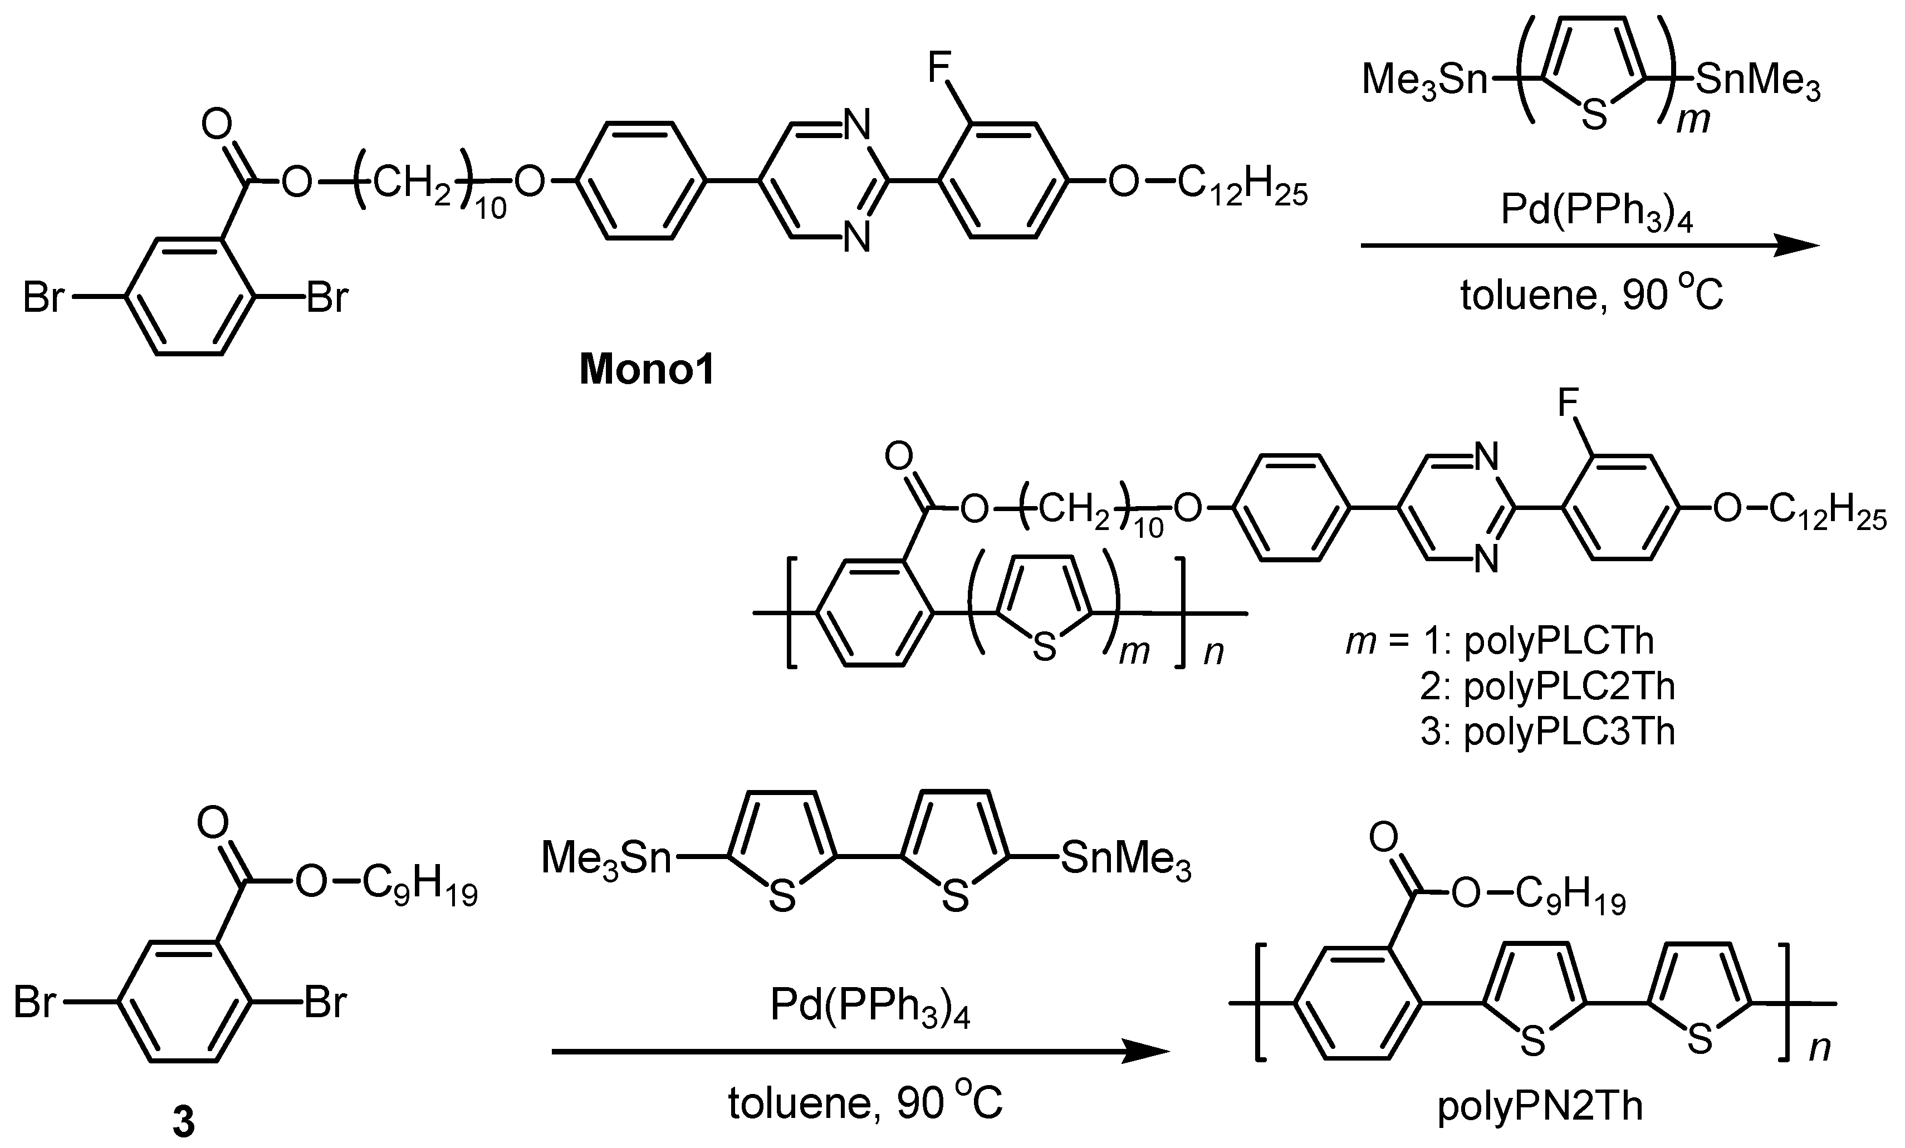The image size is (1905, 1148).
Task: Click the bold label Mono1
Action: [647, 370]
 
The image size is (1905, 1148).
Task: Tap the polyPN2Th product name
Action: [1540, 1106]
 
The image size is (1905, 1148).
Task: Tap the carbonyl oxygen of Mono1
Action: [217, 124]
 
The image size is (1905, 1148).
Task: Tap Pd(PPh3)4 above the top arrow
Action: [1597, 210]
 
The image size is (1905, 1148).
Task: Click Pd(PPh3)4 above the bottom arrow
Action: [870, 1007]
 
